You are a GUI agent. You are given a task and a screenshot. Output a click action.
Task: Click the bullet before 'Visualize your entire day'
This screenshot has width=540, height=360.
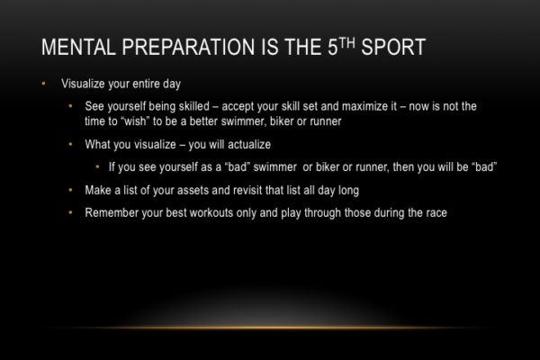click(42, 85)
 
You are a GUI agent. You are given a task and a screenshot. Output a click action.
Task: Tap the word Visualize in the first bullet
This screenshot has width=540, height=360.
click(81, 85)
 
